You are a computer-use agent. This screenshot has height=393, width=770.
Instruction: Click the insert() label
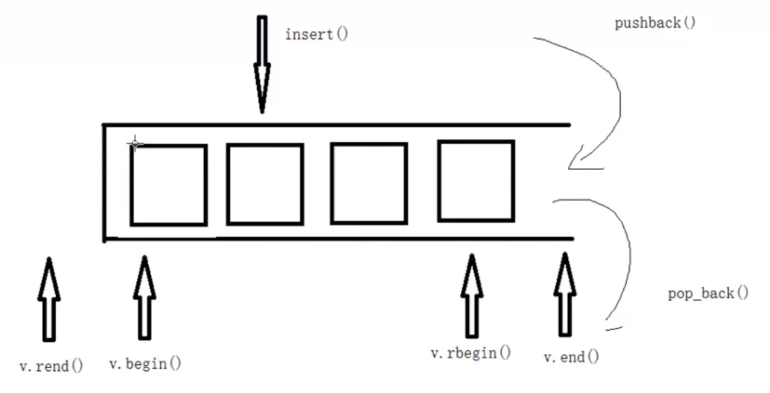pos(316,33)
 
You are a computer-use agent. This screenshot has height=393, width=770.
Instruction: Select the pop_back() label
pos(708,295)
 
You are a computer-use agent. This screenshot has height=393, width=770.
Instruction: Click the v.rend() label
pos(51,367)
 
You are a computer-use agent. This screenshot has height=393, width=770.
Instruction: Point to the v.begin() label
pos(145,363)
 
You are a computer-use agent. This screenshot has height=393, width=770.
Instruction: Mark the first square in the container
pos(168,185)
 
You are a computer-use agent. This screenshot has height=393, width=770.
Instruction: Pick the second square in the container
pos(265,184)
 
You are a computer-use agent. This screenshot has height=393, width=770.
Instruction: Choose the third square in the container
pos(369,183)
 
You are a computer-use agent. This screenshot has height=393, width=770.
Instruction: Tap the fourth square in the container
pos(475,181)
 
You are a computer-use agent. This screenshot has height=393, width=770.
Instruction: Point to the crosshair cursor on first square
pos(134,144)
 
